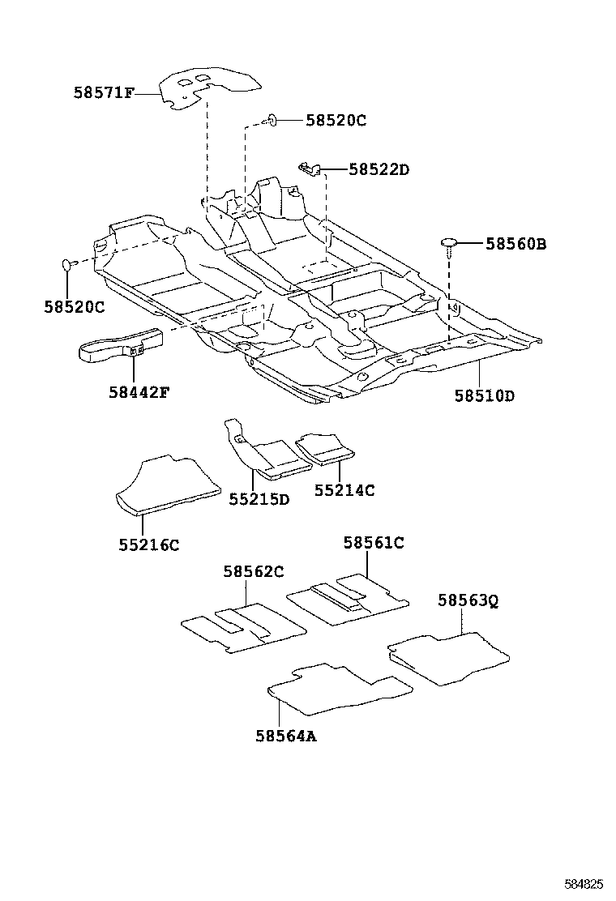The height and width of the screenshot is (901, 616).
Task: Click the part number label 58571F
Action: click(103, 93)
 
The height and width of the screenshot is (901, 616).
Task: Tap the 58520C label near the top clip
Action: click(336, 121)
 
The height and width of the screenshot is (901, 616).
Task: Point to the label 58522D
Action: click(379, 169)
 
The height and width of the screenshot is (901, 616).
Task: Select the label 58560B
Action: click(515, 243)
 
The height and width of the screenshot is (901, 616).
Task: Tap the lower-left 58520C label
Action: click(75, 307)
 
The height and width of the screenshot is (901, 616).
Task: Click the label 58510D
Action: click(484, 395)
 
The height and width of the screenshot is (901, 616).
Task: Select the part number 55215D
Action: click(259, 499)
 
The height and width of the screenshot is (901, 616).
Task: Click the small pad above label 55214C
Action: click(324, 447)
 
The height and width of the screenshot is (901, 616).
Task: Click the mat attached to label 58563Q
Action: click(450, 655)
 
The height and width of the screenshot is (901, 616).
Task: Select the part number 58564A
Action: click(284, 736)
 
